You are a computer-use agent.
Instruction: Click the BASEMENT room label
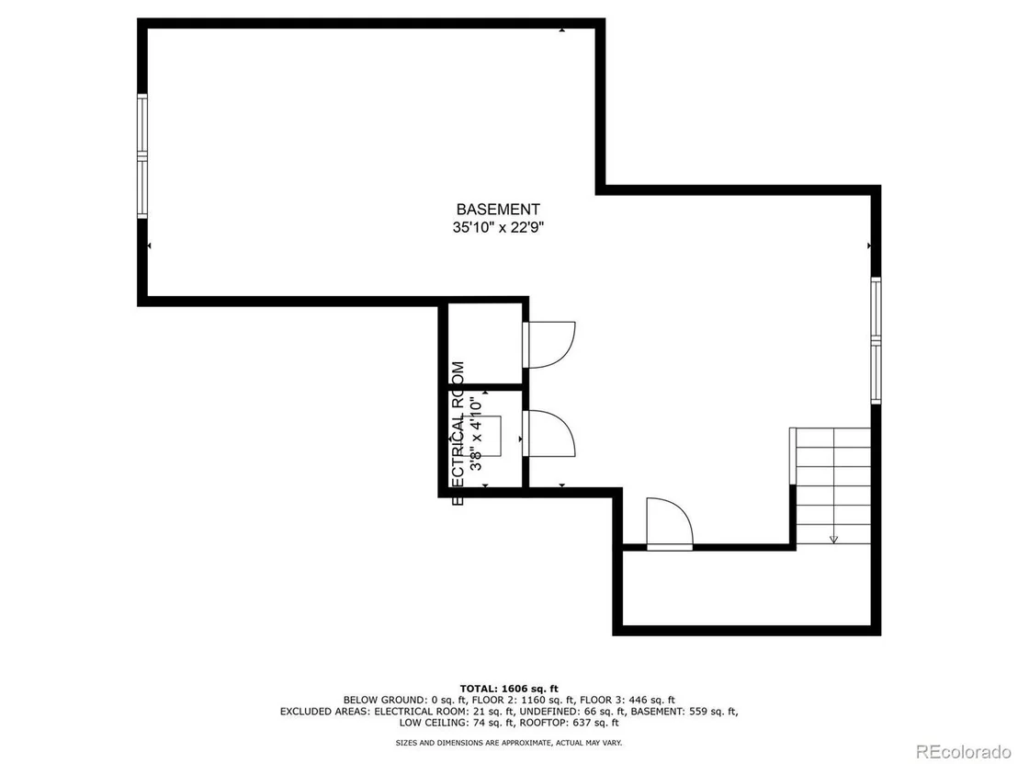click(498, 210)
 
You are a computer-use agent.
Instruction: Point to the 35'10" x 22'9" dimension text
click(498, 227)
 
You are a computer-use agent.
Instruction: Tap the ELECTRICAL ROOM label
click(458, 433)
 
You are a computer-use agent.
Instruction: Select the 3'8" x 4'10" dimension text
click(476, 433)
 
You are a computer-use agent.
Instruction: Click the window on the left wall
click(142, 156)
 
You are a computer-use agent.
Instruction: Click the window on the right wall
click(876, 340)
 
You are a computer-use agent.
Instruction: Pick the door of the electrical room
click(549, 433)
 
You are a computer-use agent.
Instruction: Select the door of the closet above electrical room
click(549, 345)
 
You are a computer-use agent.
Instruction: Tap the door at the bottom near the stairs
click(670, 524)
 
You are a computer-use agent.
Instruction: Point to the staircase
click(831, 486)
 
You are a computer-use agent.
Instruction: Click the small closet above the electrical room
click(485, 345)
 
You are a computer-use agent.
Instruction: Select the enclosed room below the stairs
click(747, 588)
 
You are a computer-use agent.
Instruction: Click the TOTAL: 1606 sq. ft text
click(509, 689)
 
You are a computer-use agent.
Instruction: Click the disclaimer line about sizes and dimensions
click(509, 743)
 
